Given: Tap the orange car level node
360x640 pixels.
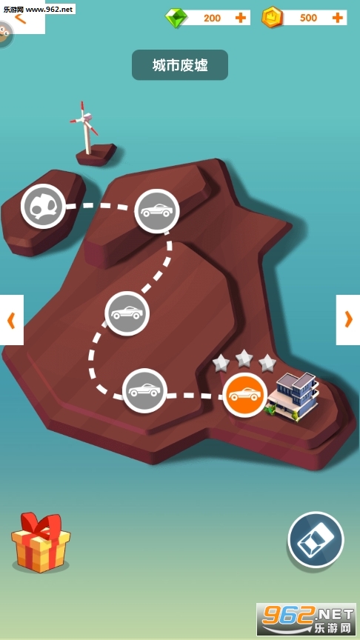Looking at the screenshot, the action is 245,395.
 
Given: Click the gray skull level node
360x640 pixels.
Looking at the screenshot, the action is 43,206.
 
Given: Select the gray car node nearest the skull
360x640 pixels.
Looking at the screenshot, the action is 157,211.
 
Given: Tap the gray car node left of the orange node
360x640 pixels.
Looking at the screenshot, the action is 144,390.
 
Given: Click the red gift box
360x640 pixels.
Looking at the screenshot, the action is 41,542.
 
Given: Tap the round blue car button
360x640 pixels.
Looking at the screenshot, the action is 316,539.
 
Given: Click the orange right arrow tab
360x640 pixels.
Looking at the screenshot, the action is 348,319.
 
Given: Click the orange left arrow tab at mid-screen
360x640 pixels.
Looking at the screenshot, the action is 11,319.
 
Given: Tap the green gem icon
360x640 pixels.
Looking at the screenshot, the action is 176,18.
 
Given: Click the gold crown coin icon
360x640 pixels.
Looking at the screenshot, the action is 272,18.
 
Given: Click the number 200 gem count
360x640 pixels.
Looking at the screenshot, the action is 213,18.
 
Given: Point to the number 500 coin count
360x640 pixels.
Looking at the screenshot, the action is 308,18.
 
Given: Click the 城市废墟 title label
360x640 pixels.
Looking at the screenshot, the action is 180,65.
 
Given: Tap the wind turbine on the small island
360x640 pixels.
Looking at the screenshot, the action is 86,127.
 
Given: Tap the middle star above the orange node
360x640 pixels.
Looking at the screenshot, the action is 244,358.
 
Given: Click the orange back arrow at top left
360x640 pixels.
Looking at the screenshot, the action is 20,19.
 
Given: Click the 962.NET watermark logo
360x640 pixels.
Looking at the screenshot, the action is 306,619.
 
